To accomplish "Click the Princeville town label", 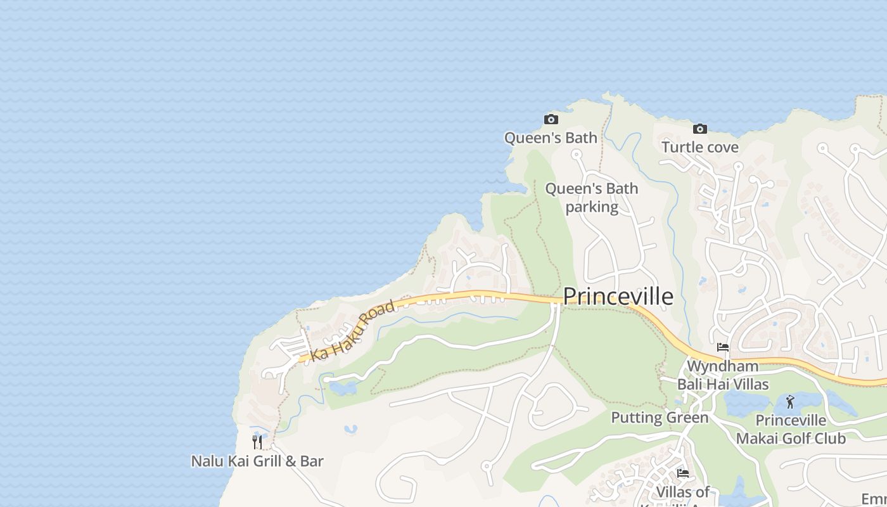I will pos(618,297).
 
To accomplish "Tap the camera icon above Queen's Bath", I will pos(551,119).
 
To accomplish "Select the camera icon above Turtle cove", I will pos(699,129).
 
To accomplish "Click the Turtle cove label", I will pos(700,147).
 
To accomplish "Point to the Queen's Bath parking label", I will pos(592,198).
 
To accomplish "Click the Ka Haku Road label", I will pos(352,331).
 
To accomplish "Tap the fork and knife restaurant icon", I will pos(257,442).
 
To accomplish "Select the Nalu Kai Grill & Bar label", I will pos(257,461).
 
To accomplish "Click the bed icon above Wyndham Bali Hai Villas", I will pos(722,347).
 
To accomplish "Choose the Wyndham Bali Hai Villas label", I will pos(723,375).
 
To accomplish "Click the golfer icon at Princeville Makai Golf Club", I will pos(789,402).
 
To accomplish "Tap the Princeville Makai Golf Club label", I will pos(791,429).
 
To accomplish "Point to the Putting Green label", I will pos(660,418).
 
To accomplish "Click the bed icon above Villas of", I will pos(682,473).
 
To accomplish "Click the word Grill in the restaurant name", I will pos(267,461).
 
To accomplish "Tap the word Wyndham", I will pos(723,366).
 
